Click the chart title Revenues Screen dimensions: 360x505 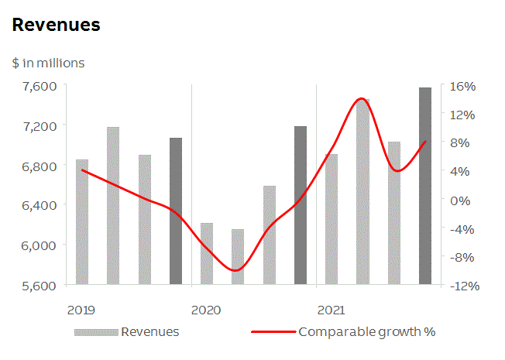coord(56,25)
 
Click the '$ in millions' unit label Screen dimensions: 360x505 coord(48,63)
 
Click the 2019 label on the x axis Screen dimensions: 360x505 coord(81,310)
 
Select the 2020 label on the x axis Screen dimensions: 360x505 coord(206,310)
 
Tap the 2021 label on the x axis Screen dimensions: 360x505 coord(331,310)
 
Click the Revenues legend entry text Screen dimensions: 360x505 coord(150,332)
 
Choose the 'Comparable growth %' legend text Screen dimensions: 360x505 coord(366,332)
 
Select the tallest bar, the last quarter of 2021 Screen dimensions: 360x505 coord(425,186)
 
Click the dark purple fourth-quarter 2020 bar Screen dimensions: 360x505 coord(301,205)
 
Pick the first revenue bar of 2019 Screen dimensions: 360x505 coord(82,222)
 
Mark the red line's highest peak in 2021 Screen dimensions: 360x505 coord(361,99)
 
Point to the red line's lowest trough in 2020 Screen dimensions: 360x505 coord(236,270)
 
